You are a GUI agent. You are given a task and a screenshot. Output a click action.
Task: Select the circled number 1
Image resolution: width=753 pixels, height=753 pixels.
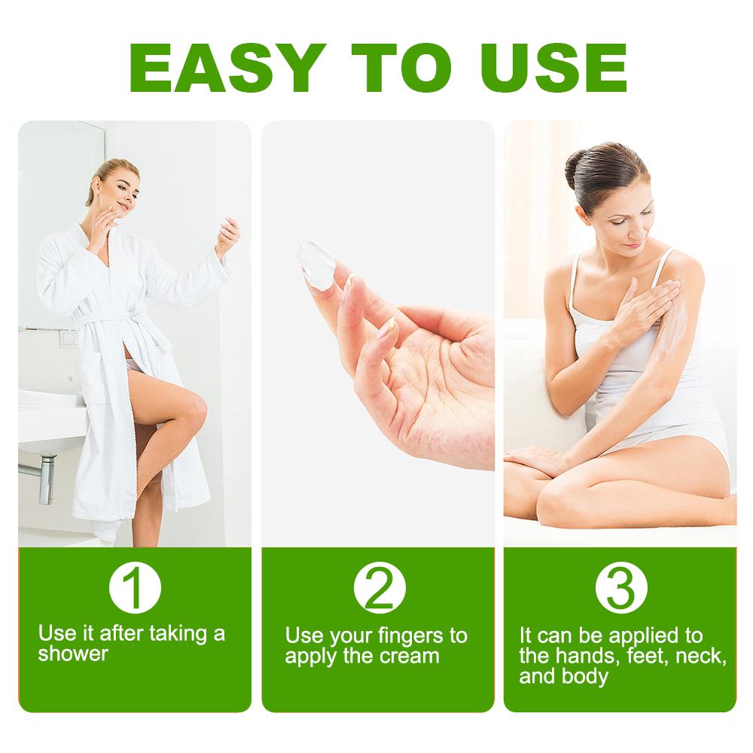coord(135,590)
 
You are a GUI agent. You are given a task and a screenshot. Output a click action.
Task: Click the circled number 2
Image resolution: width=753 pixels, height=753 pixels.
coord(380,590)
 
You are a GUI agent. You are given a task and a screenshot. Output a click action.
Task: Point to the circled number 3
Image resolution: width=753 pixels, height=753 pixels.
coord(620,590)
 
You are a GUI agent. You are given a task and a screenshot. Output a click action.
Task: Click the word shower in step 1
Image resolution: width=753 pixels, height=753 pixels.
coord(73,653)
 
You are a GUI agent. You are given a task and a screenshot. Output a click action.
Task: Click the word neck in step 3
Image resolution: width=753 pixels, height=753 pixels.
coord(700,655)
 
